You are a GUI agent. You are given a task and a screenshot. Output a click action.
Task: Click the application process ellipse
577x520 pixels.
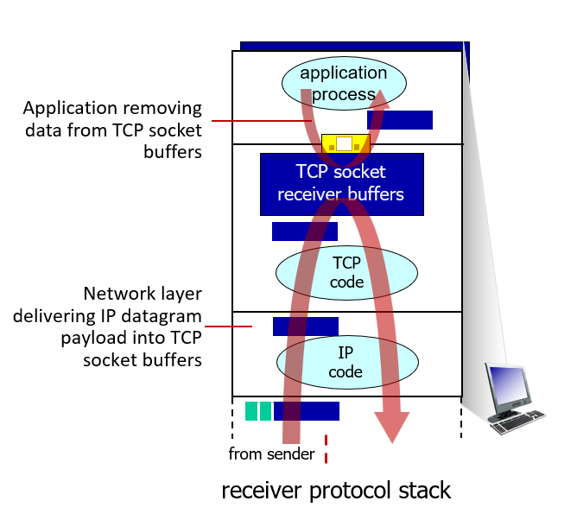pyautogui.click(x=344, y=82)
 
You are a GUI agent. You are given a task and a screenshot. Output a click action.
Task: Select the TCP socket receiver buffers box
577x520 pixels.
pyautogui.click(x=341, y=183)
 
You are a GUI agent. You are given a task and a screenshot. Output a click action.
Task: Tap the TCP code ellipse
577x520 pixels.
pyautogui.click(x=346, y=271)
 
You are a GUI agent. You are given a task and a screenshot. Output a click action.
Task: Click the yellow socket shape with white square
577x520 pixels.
pyautogui.click(x=345, y=144)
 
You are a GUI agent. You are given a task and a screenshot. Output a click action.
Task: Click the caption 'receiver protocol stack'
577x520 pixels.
pyautogui.click(x=336, y=491)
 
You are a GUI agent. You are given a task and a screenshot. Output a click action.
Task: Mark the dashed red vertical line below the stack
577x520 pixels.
pyautogui.click(x=327, y=449)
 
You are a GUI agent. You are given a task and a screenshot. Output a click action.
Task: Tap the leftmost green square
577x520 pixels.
pyautogui.click(x=251, y=411)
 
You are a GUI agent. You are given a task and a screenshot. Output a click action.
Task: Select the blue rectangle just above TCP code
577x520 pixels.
pyautogui.click(x=304, y=231)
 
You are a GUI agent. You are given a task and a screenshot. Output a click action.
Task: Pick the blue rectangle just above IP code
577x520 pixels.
pyautogui.click(x=305, y=327)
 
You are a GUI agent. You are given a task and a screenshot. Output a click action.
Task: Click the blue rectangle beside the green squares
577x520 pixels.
pyautogui.click(x=307, y=411)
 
